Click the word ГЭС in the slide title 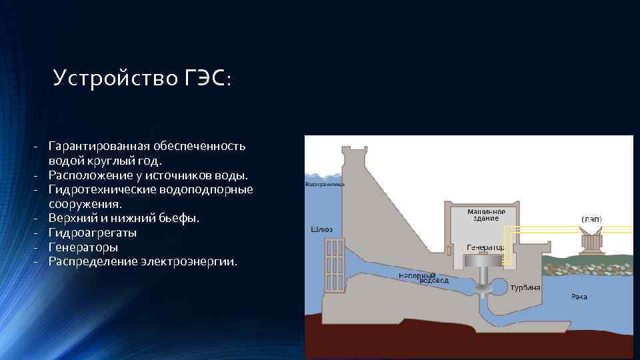(x=206, y=79)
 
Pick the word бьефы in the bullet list (x=182, y=218)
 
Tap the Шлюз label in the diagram (x=322, y=229)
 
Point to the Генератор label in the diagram (x=485, y=246)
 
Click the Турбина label (x=525, y=287)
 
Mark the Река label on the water (x=579, y=296)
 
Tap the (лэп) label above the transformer (x=591, y=219)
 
